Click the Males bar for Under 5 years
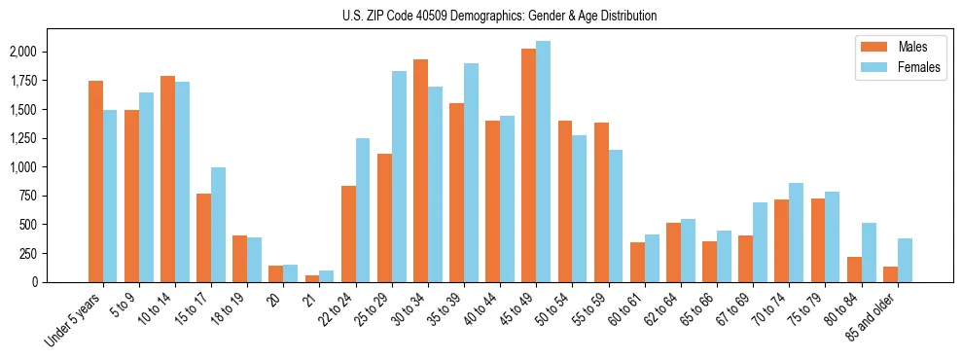(95, 181)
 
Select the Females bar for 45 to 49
(543, 162)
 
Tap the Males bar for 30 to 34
(420, 170)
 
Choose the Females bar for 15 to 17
(218, 225)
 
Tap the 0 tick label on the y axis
(61, 282)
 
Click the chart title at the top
(499, 16)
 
